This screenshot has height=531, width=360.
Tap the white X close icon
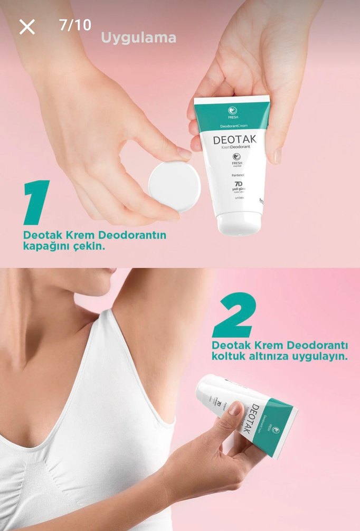pos(27,26)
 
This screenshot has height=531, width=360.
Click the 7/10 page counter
pos(75,25)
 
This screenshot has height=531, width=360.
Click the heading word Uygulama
pos(138,38)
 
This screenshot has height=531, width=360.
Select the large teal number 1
pos(37,203)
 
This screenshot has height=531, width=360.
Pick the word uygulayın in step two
pos(317,356)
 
